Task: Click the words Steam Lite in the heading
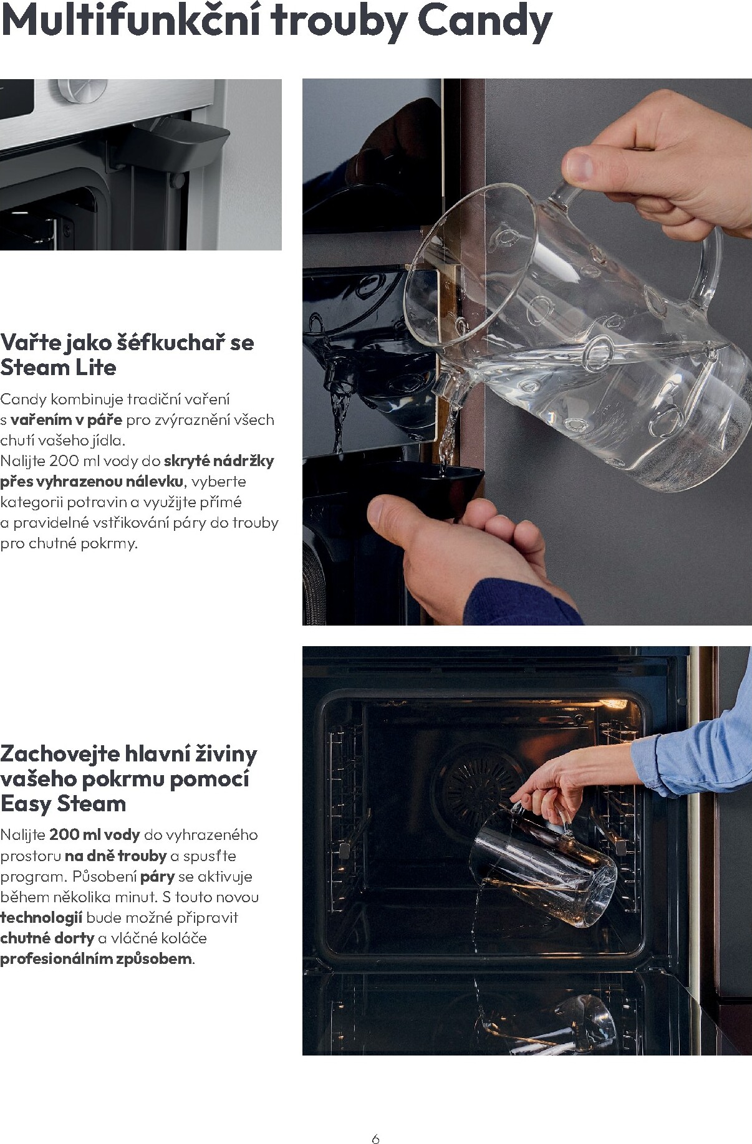[x=59, y=368]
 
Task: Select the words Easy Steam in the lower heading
[x=63, y=804]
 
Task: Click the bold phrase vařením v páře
[x=66, y=420]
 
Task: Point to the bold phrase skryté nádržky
[x=219, y=461]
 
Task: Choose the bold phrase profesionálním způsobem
[x=96, y=959]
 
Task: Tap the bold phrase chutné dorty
[x=47, y=938]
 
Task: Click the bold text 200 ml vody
[x=95, y=835]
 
